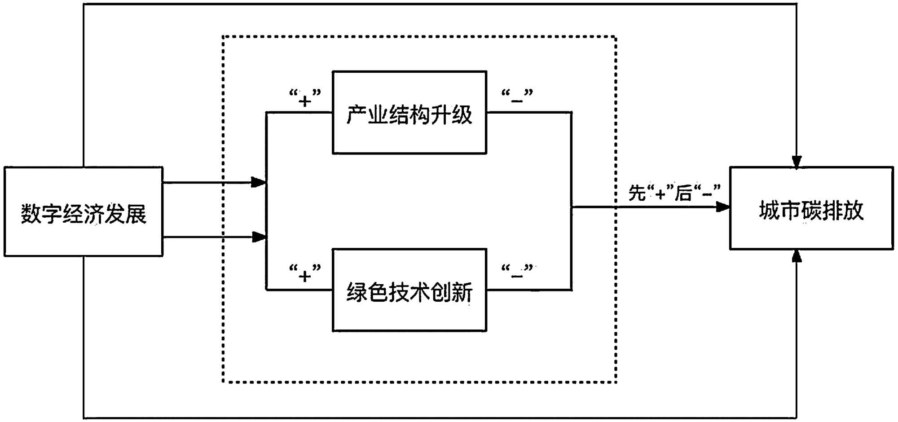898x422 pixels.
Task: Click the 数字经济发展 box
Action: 84,211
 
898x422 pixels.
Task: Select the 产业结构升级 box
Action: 409,113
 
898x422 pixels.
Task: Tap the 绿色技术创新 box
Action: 409,290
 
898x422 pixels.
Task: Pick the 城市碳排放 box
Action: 811,208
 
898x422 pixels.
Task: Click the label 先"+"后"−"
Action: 674,193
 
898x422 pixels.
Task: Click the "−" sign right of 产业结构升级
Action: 517,100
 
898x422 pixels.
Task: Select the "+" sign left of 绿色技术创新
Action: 305,275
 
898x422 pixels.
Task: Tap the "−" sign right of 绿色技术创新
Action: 517,274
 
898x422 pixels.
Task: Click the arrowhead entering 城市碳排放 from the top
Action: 797,162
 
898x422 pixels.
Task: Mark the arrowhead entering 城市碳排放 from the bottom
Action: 797,255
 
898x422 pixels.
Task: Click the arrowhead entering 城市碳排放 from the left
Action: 722,207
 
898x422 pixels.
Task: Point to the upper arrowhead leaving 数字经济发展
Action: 259,182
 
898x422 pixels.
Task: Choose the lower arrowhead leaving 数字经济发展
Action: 259,237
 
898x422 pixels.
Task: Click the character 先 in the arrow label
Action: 637,193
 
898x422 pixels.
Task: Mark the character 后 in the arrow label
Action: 683,193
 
